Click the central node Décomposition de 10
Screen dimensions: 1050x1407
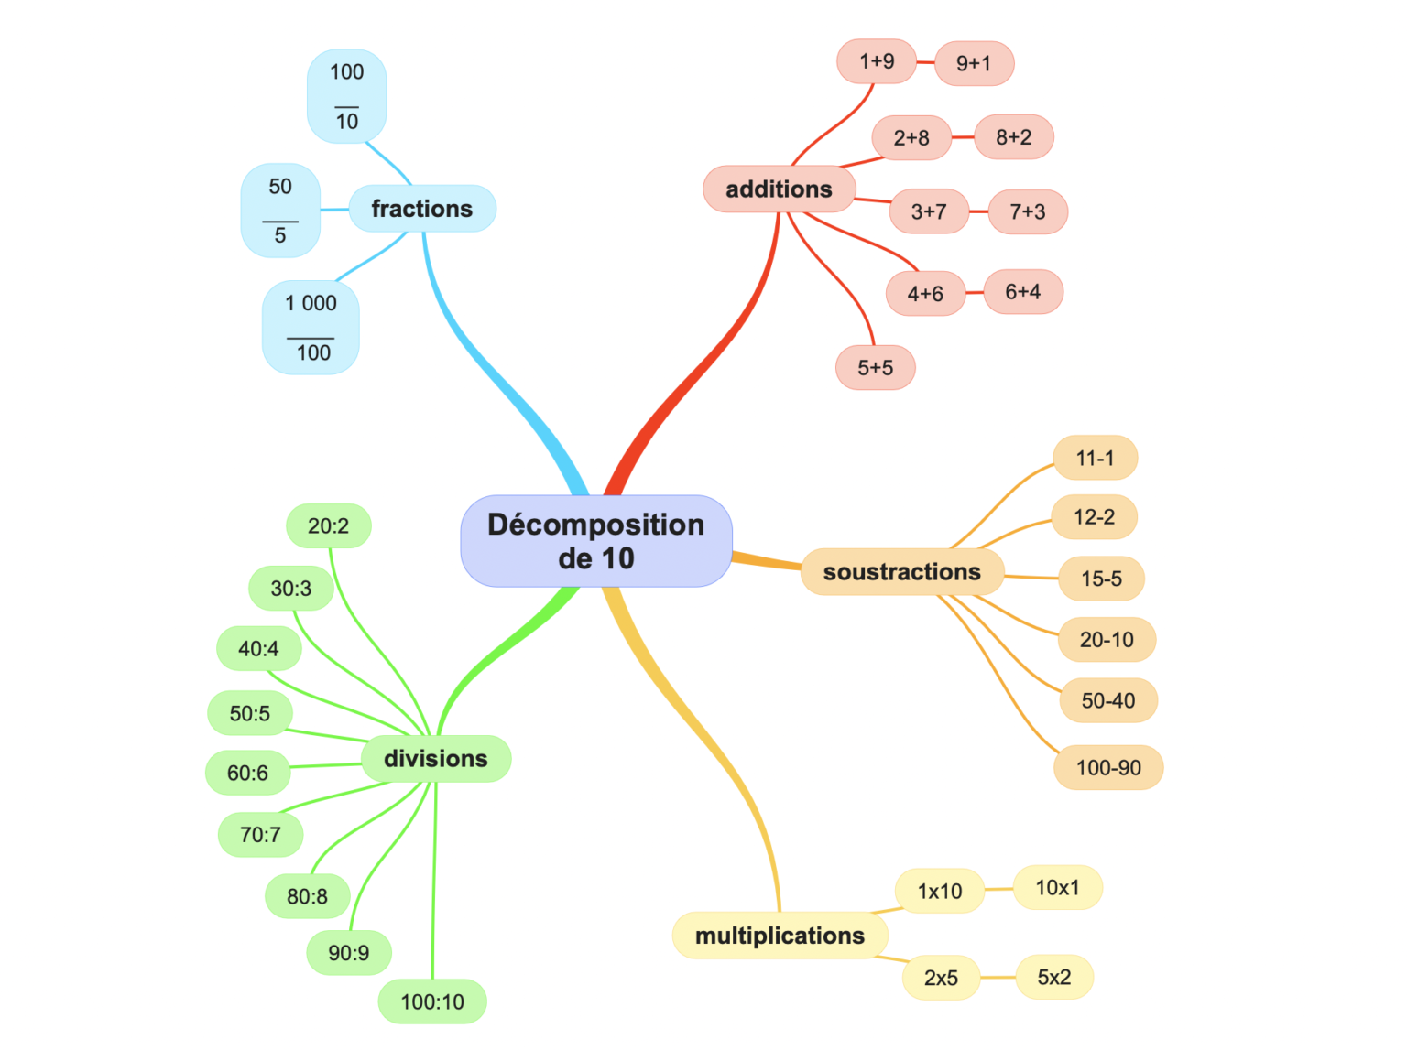595,541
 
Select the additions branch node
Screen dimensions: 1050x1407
779,189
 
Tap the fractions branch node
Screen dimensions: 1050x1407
421,209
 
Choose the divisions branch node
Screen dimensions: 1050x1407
435,759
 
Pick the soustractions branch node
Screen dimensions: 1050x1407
901,572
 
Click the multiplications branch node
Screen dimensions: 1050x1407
780,936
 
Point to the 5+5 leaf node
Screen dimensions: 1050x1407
875,368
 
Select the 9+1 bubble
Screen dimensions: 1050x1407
973,63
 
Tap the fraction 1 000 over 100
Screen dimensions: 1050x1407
311,328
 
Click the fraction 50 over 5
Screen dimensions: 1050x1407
280,211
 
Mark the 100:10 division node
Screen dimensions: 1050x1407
432,1001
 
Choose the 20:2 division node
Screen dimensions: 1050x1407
328,526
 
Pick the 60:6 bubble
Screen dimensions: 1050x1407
247,774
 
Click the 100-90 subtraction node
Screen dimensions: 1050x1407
1108,768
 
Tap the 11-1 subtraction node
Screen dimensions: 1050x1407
1095,459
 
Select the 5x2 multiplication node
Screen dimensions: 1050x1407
1053,978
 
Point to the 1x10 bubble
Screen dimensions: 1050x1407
940,892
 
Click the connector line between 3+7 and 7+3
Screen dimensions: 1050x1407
978,211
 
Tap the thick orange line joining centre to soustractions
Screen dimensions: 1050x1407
766,561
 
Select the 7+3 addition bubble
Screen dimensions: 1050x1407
1027,212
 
